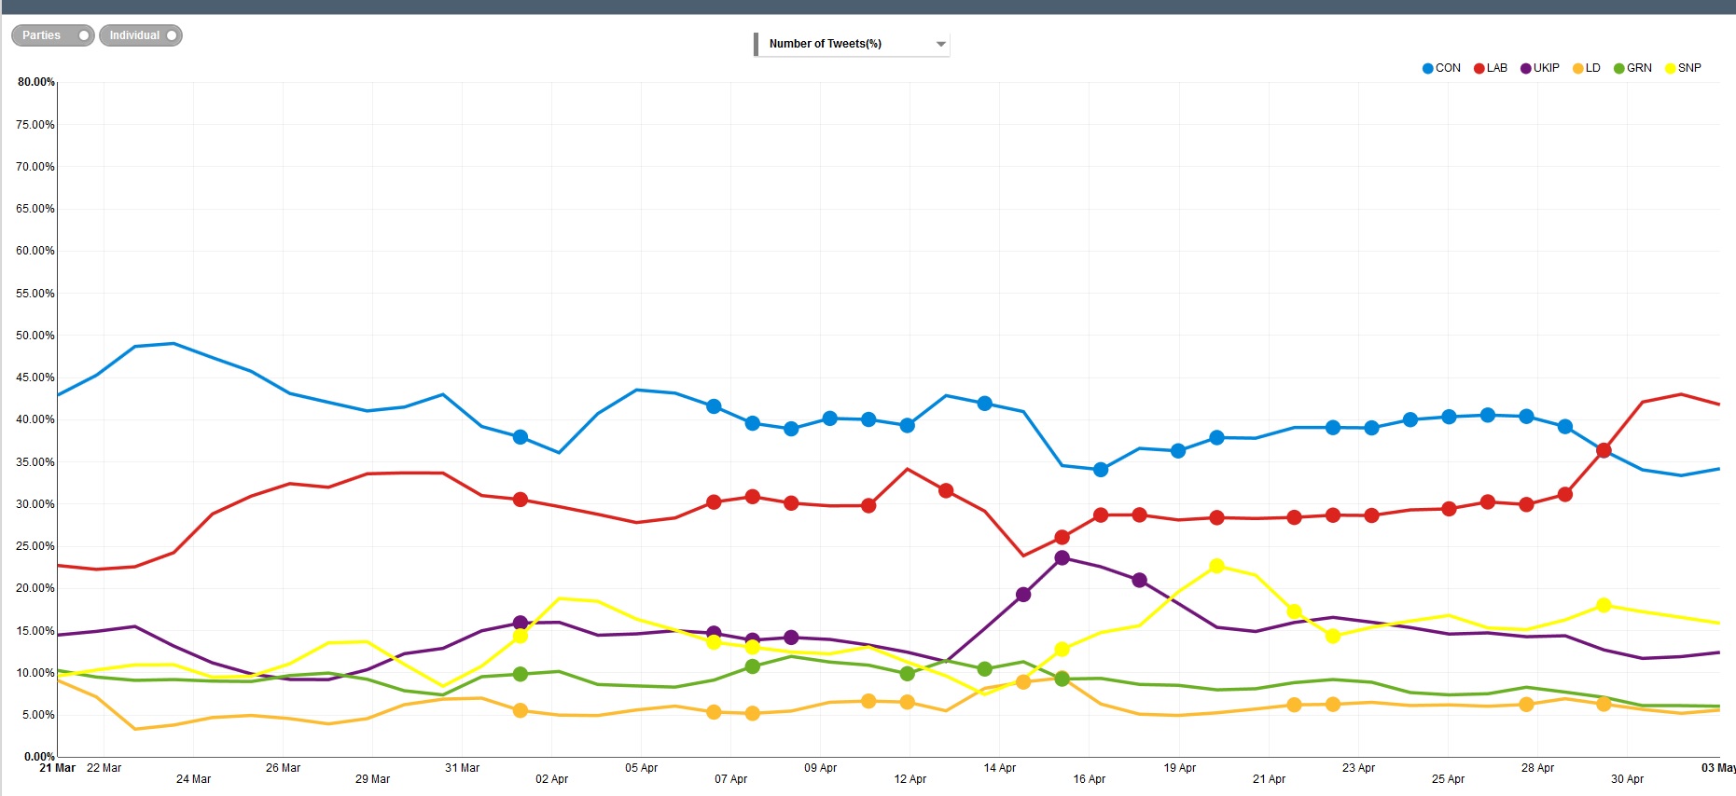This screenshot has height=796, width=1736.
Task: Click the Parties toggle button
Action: (52, 35)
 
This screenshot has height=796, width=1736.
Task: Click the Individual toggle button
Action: (141, 35)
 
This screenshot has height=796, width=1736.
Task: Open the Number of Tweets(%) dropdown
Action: (852, 44)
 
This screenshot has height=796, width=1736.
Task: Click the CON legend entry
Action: (1441, 68)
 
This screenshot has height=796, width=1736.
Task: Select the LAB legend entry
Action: (1491, 68)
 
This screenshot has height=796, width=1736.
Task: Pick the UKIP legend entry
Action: (1540, 68)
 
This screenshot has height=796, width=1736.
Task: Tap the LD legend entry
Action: (1587, 68)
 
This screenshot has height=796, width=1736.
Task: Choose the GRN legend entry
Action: (1632, 68)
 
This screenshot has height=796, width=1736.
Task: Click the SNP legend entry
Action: (1683, 68)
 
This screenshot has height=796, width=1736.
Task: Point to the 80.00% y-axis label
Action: (35, 82)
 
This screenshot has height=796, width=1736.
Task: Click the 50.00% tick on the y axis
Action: (35, 336)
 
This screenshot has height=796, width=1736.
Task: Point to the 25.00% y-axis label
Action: (35, 546)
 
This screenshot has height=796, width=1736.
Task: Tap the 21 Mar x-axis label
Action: (57, 768)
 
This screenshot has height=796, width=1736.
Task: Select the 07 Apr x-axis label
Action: (730, 779)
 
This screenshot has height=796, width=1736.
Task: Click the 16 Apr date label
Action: (1089, 779)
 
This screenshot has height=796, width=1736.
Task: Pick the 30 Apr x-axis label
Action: (1627, 779)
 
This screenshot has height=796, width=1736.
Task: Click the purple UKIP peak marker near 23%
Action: (1062, 558)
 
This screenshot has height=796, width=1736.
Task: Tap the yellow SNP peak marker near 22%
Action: (1216, 566)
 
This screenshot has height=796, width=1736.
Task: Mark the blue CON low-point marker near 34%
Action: (1101, 470)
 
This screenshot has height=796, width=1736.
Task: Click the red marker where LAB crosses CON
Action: (1604, 450)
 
